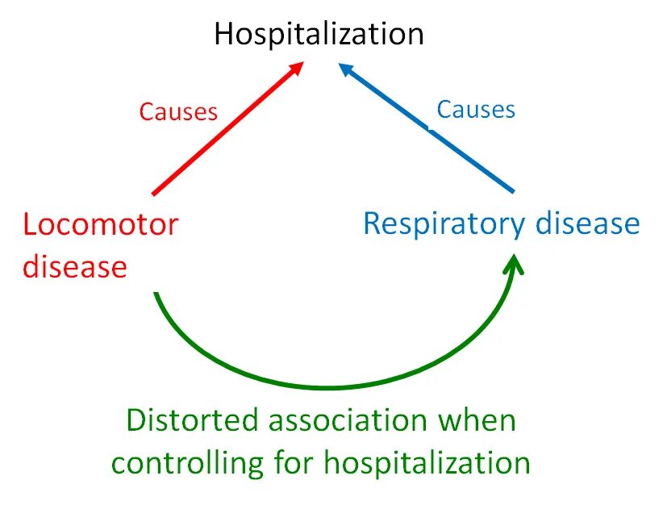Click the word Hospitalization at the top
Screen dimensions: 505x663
pos(319,34)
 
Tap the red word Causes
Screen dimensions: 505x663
pos(178,111)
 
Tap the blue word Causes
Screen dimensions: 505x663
pos(475,109)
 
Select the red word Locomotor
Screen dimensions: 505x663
pos(100,223)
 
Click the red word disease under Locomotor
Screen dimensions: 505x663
pos(74,265)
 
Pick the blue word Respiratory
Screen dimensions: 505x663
pos(441,223)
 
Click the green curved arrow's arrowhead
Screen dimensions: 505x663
pos(514,262)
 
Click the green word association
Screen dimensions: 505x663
pos(344,420)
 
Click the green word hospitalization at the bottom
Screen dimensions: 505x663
pos(427,462)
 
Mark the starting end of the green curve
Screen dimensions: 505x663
pos(155,294)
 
